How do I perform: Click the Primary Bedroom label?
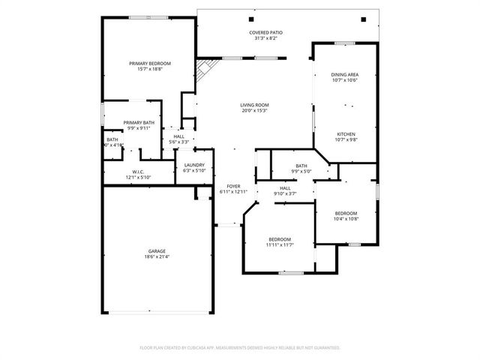click(x=150, y=63)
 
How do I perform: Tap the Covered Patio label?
click(x=265, y=32)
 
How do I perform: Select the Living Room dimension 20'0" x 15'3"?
click(x=255, y=111)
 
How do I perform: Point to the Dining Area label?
click(x=344, y=74)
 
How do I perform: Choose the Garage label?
click(x=157, y=251)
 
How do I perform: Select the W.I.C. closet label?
click(x=138, y=171)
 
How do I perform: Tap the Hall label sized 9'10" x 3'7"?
click(x=285, y=188)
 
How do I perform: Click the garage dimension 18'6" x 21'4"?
click(x=157, y=257)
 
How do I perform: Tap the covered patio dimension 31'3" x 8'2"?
click(x=265, y=38)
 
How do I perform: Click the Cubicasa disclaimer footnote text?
click(x=240, y=348)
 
